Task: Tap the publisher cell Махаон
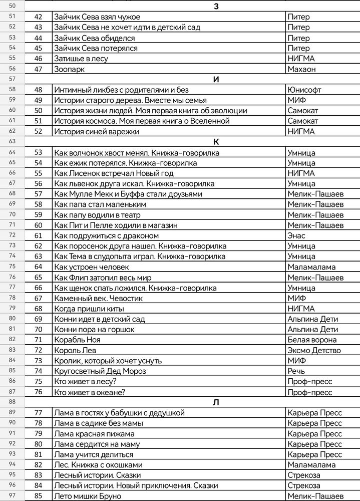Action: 302,69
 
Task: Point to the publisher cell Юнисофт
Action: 304,90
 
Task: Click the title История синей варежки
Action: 96,132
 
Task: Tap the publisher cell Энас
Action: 297,236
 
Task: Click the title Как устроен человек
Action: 92,267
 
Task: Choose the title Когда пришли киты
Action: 89,309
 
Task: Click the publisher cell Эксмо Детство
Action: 314,351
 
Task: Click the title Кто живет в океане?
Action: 90,392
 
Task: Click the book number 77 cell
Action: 38,413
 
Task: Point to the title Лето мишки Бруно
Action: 88,496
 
